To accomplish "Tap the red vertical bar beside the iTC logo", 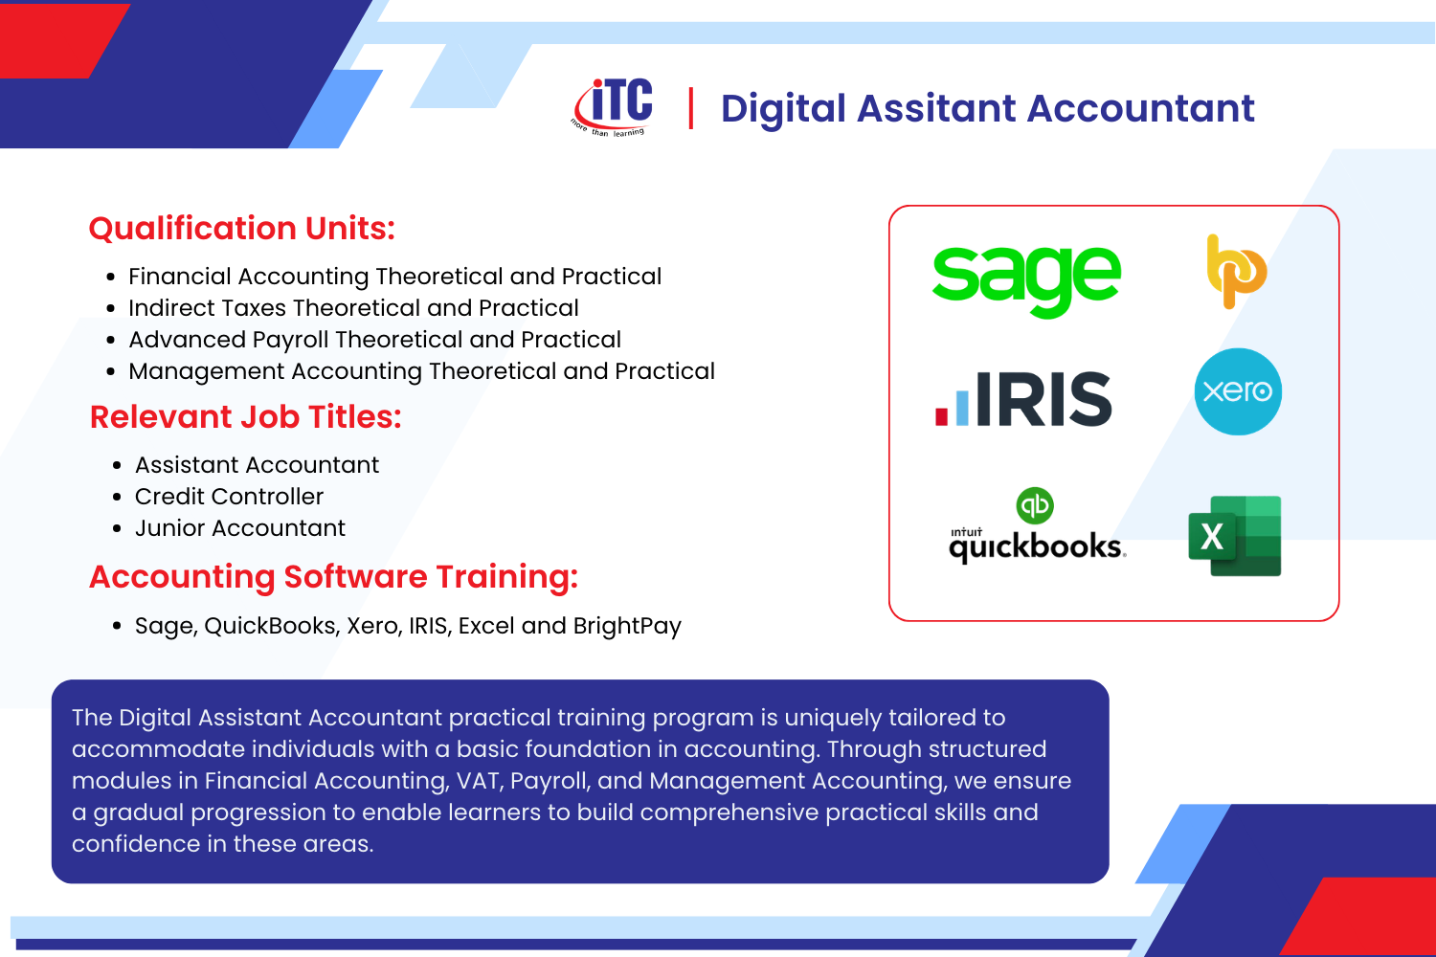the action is (x=690, y=108).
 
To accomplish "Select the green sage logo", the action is (x=1026, y=280).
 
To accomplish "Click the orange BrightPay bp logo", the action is (x=1236, y=271).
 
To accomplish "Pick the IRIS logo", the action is (x=1023, y=399).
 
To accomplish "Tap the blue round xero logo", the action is (x=1238, y=391).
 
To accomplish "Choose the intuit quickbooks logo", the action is (x=1037, y=525).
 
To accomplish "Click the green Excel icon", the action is (x=1235, y=536).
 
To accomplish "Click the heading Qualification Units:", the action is (x=241, y=228).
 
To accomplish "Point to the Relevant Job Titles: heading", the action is (x=245, y=417).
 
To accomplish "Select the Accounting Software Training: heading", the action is (x=333, y=577).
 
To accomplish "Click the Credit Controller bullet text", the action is (x=229, y=496).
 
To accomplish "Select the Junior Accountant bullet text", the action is (x=239, y=528).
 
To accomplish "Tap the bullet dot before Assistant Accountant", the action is (x=117, y=466).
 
